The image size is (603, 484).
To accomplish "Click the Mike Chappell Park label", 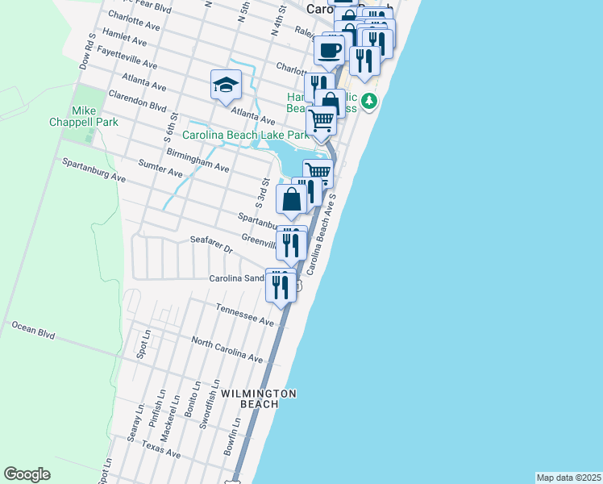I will tap(94, 116).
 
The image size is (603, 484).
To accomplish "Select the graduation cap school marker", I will tap(226, 84).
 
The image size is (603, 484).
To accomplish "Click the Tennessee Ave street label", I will tap(245, 315).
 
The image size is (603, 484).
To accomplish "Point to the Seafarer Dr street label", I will tap(210, 244).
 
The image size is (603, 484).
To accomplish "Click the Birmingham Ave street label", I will tap(198, 160).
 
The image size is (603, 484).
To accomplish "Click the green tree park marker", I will tap(369, 101).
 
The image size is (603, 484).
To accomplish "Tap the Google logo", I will tap(27, 474).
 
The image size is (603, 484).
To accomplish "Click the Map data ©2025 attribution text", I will tap(568, 478).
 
